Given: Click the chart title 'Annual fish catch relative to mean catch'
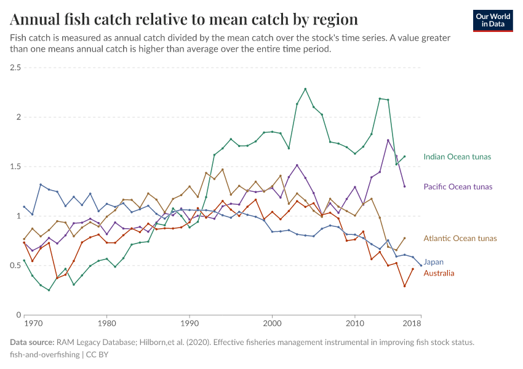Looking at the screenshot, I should (184, 18).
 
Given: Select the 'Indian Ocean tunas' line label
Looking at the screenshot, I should (457, 157).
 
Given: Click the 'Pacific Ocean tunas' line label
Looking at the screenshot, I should (458, 186).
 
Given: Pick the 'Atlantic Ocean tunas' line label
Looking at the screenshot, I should (460, 238).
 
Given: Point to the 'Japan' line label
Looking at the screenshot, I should (433, 262).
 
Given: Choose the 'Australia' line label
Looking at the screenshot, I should (439, 273).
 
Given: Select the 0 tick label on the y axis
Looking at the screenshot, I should (18, 315).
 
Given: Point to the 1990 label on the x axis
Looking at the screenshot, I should (190, 323).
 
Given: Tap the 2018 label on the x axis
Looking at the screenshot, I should (412, 323).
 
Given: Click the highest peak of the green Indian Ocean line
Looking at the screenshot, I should (305, 89).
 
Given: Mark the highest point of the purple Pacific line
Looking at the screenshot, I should (388, 140).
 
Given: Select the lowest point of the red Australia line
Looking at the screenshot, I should (404, 286).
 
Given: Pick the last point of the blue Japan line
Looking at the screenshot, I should (421, 266).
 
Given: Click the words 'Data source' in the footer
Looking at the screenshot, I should (31, 342).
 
